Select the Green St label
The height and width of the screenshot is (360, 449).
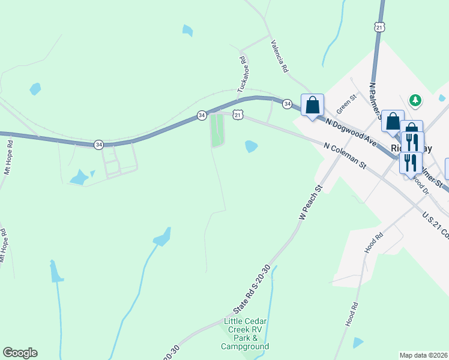tap(346, 104)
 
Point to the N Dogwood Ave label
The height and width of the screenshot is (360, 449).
tap(351, 133)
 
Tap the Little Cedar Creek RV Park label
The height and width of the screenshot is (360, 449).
tap(245, 334)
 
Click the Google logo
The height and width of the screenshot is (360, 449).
tap(20, 353)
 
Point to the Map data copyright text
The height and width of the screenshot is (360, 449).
tap(423, 355)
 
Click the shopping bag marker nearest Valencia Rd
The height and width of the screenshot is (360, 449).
tap(312, 106)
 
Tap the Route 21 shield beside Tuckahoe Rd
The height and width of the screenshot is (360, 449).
tap(238, 115)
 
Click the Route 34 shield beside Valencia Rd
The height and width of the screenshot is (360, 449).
tap(288, 104)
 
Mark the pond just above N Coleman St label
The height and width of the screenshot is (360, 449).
tap(251, 146)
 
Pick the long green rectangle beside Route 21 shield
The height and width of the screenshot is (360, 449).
tap(217, 131)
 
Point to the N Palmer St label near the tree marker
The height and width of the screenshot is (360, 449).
tap(376, 99)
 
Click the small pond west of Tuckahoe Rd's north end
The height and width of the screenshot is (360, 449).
tap(188, 30)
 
